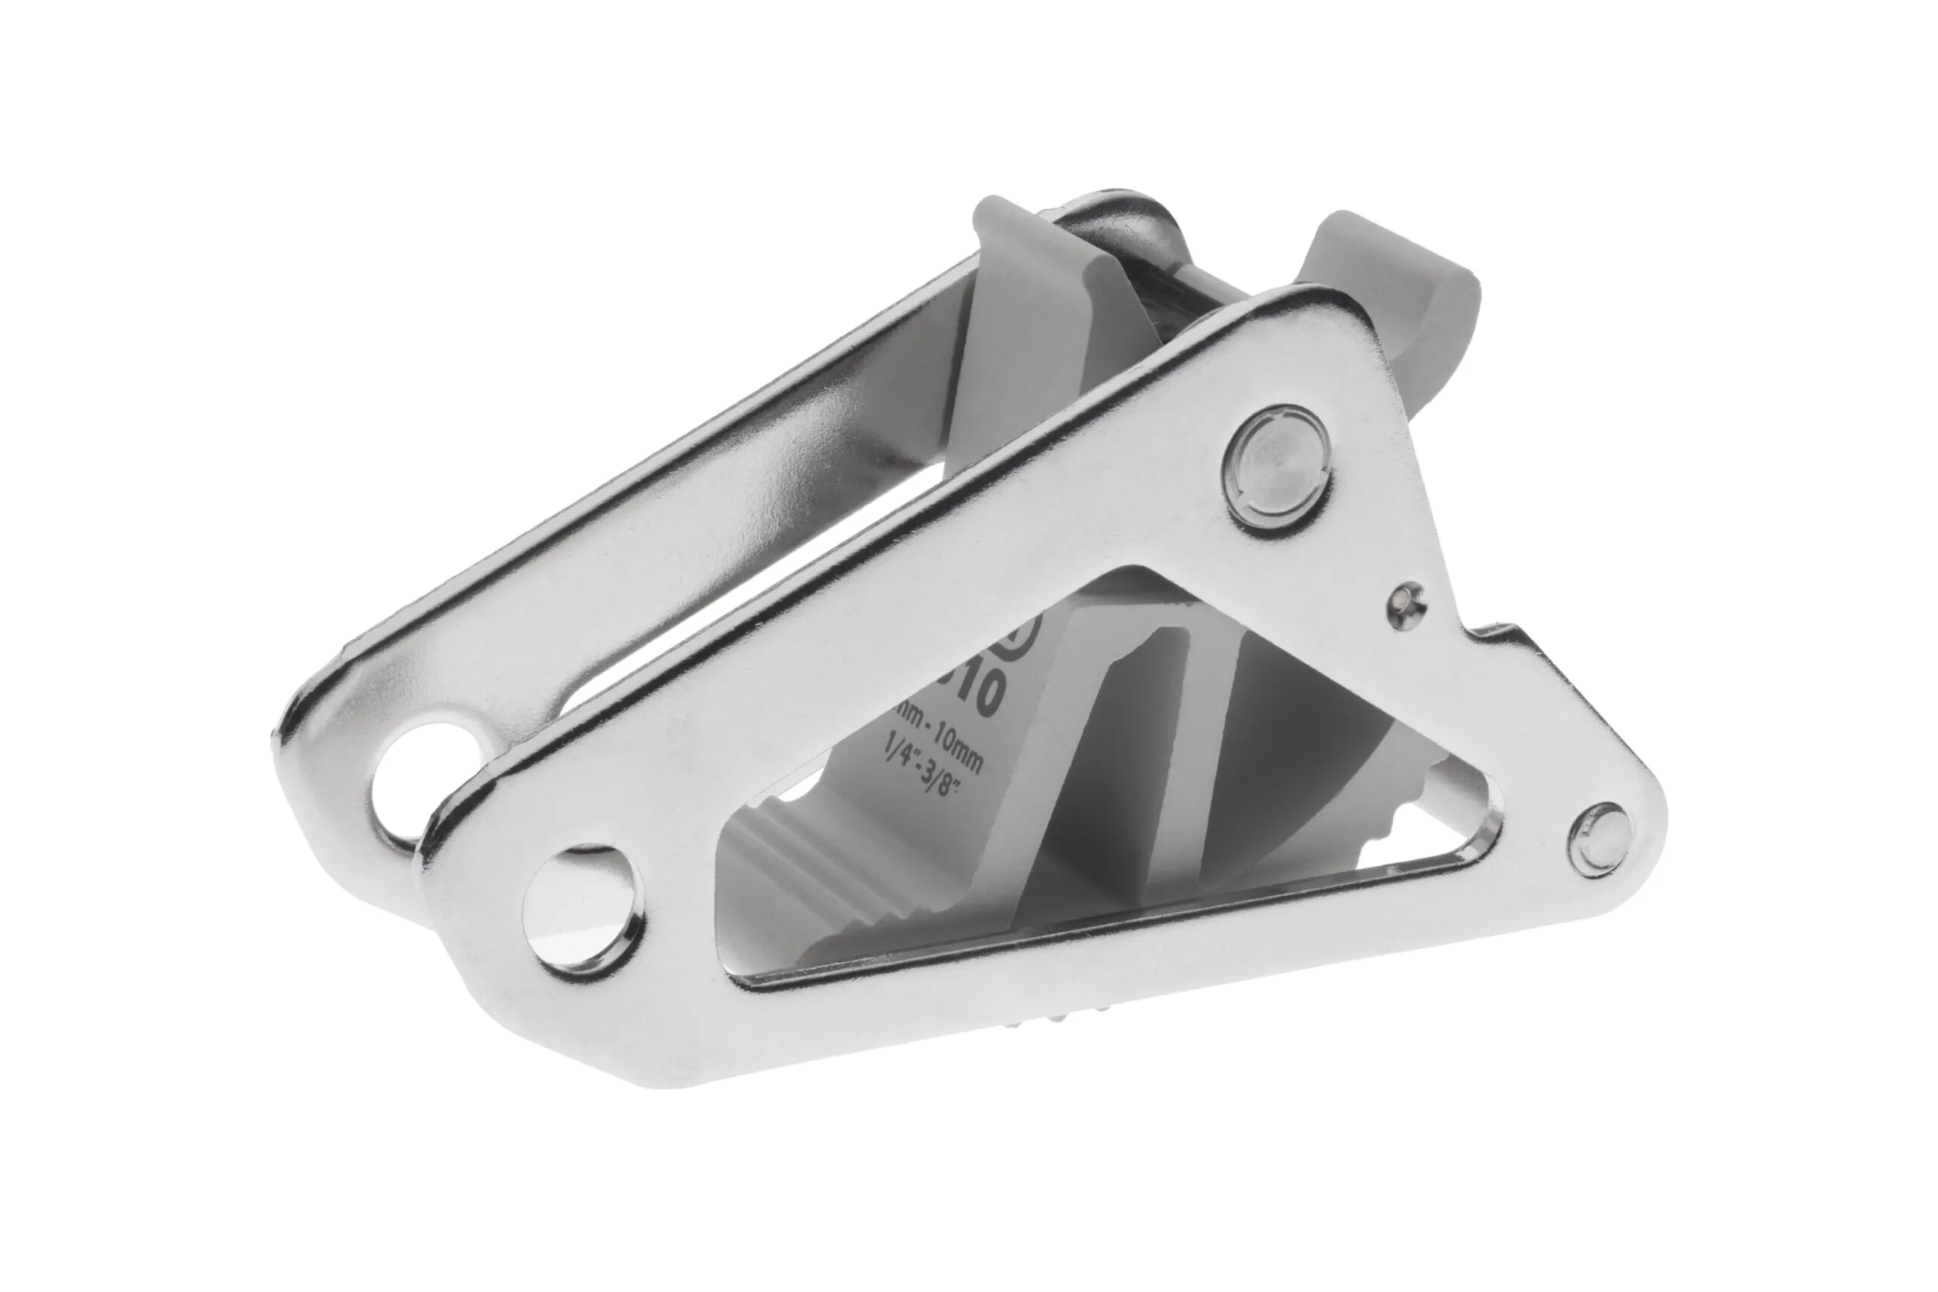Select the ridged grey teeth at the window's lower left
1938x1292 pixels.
[791, 865]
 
